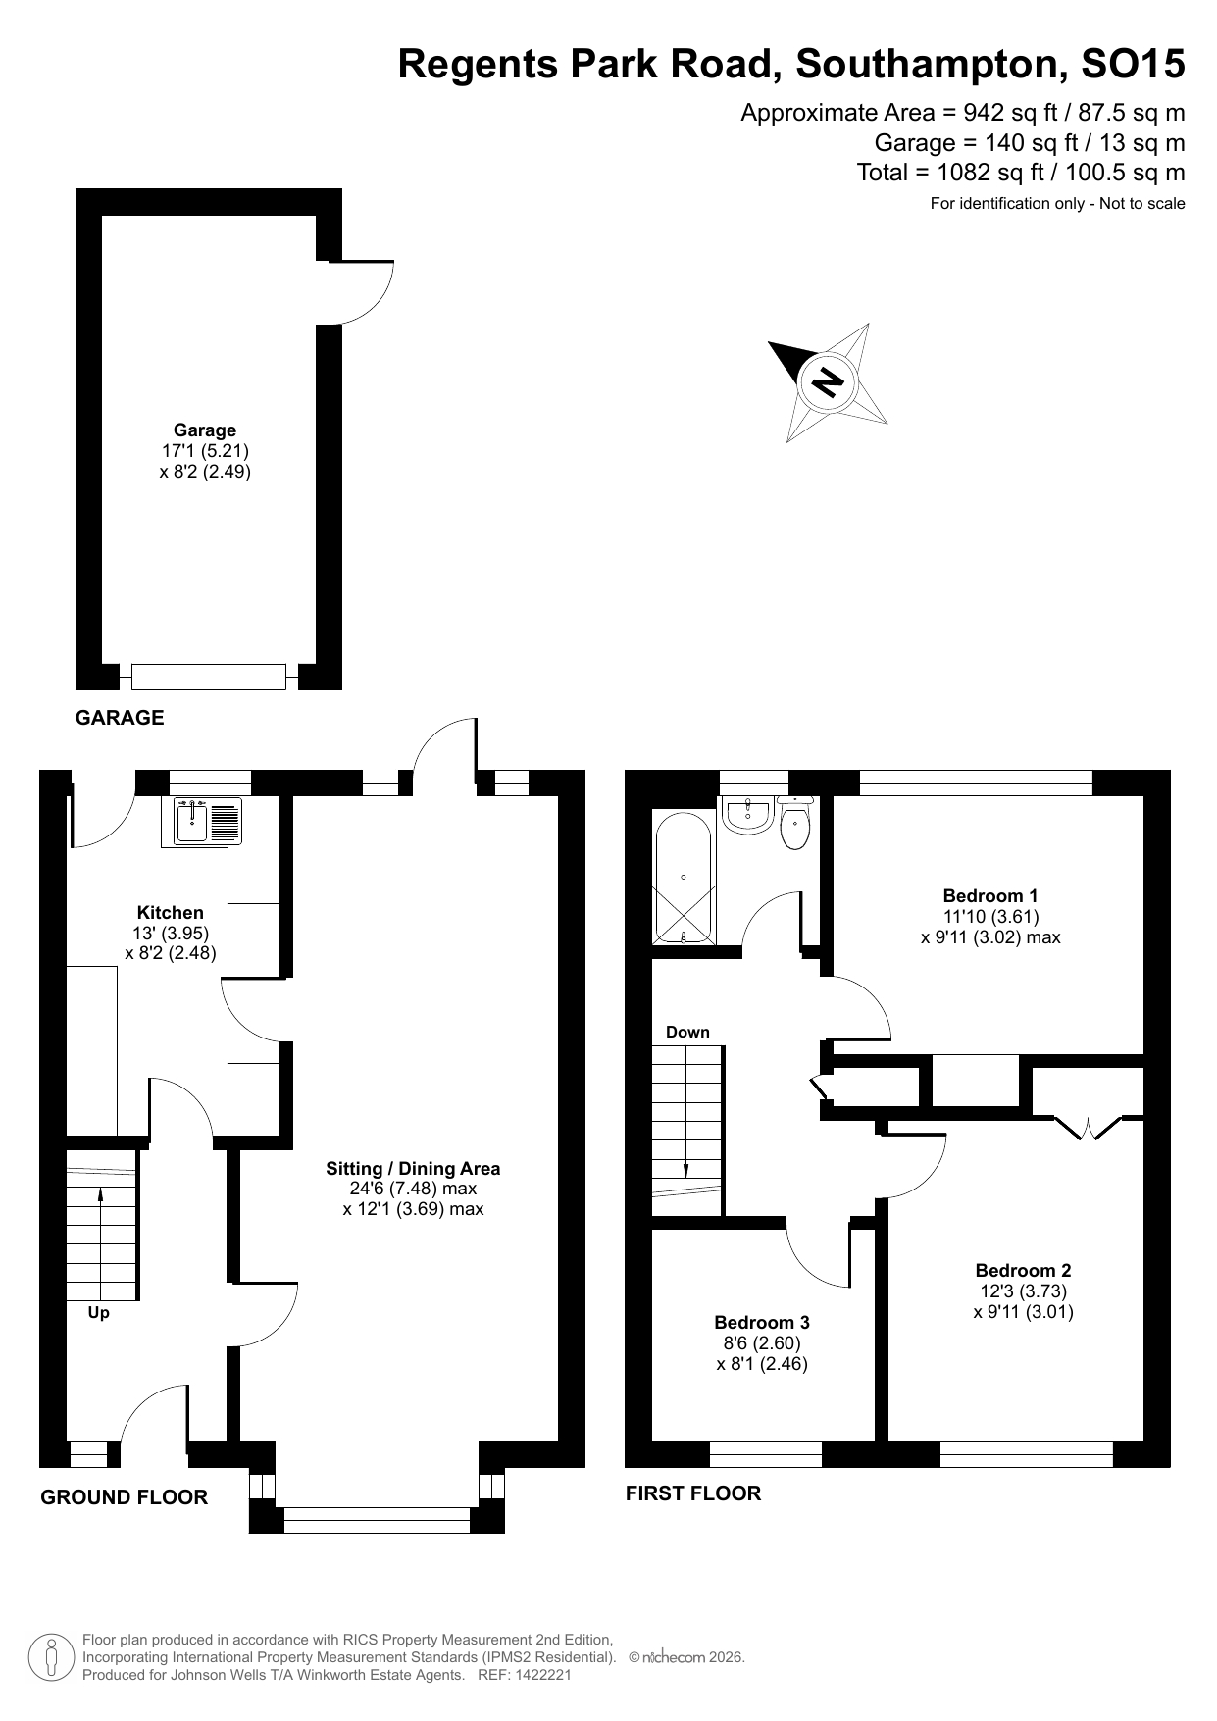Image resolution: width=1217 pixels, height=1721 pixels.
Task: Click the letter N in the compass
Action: pyautogui.click(x=830, y=380)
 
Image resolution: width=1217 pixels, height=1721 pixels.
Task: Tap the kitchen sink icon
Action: pyautogui.click(x=207, y=822)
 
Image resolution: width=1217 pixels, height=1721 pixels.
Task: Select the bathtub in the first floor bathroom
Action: pyautogui.click(x=683, y=877)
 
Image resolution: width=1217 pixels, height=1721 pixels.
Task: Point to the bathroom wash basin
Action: pyautogui.click(x=748, y=814)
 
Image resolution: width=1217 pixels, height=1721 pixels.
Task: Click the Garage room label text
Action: pyautogui.click(x=205, y=430)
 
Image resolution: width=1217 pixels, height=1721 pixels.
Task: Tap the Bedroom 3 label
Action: pyautogui.click(x=762, y=1322)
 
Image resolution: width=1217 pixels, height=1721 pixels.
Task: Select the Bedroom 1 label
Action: pyautogui.click(x=989, y=895)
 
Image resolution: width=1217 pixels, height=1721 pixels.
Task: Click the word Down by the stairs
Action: pyautogui.click(x=687, y=1032)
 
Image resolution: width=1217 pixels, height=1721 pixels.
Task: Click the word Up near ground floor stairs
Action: pyautogui.click(x=98, y=1312)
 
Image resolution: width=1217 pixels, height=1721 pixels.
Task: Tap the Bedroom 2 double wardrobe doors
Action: pyautogui.click(x=1089, y=1128)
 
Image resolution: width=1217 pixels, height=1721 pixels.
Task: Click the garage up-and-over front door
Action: pyautogui.click(x=209, y=677)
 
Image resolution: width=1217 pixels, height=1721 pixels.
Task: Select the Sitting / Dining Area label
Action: pyautogui.click(x=413, y=1168)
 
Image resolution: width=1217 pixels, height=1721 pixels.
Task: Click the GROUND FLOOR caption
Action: pyautogui.click(x=124, y=1497)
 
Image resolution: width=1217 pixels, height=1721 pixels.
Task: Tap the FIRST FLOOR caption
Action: pyautogui.click(x=693, y=1493)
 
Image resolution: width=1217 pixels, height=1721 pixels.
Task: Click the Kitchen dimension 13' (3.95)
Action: pyautogui.click(x=171, y=933)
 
